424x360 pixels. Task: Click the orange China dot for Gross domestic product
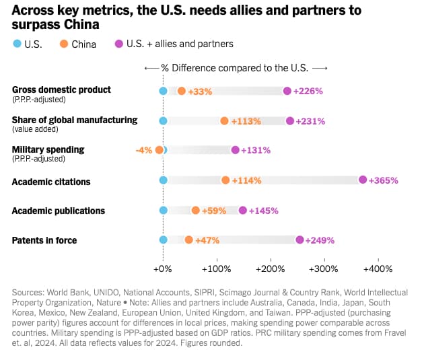[182, 91]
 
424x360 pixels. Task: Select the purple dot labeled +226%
[287, 91]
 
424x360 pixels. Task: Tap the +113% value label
[246, 121]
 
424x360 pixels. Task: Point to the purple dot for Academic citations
[363, 180]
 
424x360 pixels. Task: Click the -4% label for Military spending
[143, 150]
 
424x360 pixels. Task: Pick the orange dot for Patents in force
[189, 240]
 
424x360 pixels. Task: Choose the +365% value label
[384, 180]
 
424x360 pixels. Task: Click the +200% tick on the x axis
[271, 268]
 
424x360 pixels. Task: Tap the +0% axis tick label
[163, 268]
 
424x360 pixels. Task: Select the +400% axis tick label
[378, 268]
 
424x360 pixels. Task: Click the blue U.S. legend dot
[17, 44]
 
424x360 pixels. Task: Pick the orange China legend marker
[63, 44]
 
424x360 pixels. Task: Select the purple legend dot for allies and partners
[119, 44]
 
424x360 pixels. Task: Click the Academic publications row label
[59, 211]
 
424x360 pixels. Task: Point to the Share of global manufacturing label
[75, 120]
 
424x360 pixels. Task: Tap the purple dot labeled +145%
[243, 210]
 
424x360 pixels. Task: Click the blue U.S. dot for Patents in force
[163, 240]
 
